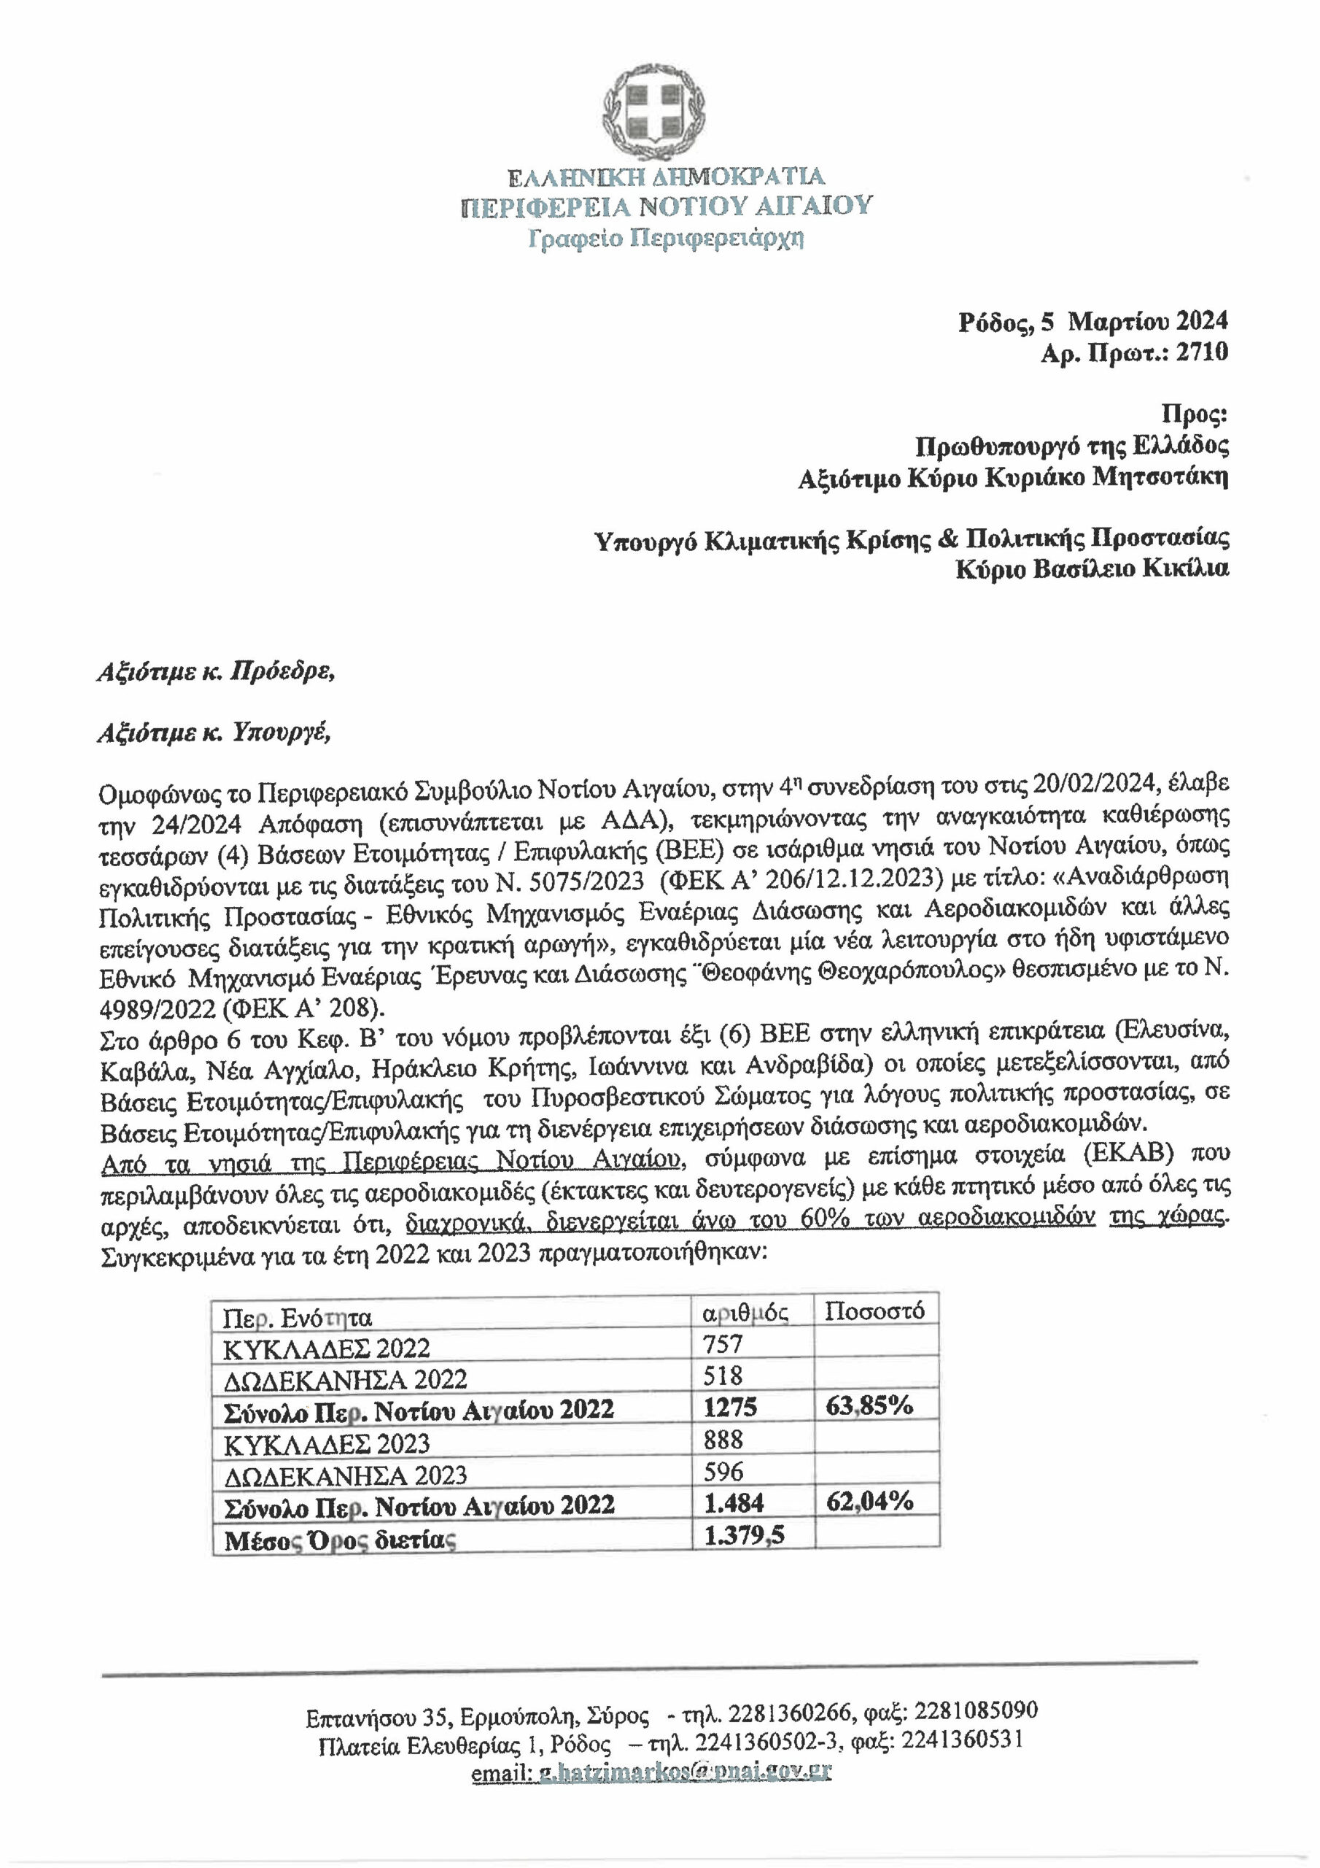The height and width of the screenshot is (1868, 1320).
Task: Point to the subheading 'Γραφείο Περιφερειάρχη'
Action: [666, 239]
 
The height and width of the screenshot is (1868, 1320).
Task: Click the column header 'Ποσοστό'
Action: [874, 1311]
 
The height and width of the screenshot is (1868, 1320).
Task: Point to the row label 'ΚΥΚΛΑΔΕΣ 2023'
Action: [326, 1443]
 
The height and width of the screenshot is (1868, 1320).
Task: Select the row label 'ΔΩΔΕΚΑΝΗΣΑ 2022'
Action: [345, 1379]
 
